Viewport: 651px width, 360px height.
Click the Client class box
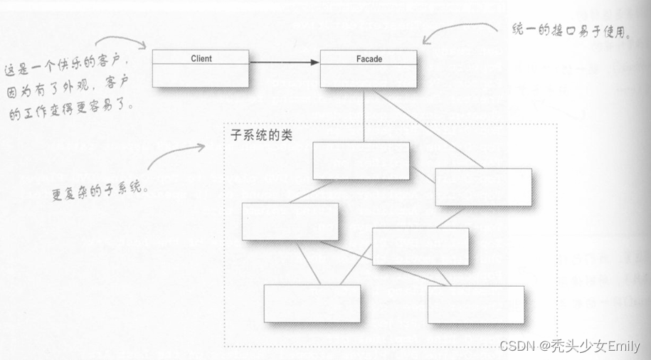pyautogui.click(x=201, y=68)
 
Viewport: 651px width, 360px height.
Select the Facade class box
pyautogui.click(x=368, y=68)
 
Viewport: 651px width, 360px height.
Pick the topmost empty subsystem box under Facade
pyautogui.click(x=361, y=161)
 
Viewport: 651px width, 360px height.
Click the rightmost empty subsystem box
pyautogui.click(x=483, y=187)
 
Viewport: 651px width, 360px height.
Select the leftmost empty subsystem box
pyautogui.click(x=290, y=221)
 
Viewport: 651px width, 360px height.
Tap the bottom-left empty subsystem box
pyautogui.click(x=312, y=304)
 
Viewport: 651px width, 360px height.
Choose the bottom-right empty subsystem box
pyautogui.click(x=475, y=305)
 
